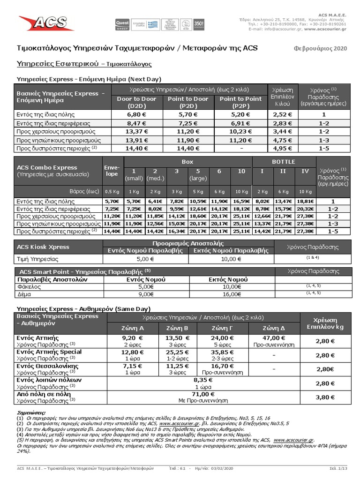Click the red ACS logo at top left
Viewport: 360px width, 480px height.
pyautogui.click(x=41, y=24)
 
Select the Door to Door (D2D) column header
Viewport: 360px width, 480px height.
pyautogui.click(x=136, y=102)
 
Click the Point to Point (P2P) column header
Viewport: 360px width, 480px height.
pyautogui.click(x=240, y=102)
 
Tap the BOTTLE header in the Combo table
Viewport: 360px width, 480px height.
pyautogui.click(x=283, y=161)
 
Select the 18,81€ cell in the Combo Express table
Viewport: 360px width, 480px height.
pyautogui.click(x=304, y=201)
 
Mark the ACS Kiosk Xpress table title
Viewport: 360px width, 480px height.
pyautogui.click(x=43, y=247)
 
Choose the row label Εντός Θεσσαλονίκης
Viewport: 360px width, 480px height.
pyautogui.click(x=49, y=365)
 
